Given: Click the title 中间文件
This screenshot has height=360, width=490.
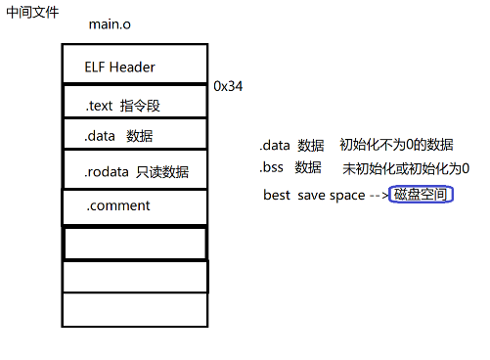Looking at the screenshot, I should tap(32, 14).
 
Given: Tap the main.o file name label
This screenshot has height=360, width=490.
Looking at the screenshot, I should tap(109, 23).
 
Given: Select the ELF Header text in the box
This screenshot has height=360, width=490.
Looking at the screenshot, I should tap(120, 67).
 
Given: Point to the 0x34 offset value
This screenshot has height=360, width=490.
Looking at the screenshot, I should tap(228, 86).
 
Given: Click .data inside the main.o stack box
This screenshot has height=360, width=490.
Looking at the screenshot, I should tap(102, 136).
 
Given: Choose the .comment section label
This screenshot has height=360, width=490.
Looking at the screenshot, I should tap(117, 205).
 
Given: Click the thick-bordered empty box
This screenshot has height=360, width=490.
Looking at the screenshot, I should tap(135, 243).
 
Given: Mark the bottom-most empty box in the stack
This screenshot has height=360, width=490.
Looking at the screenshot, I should tap(135, 309).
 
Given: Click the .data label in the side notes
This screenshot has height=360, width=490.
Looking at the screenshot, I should tap(275, 145).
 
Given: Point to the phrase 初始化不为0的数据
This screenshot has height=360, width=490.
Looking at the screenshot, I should tap(396, 145).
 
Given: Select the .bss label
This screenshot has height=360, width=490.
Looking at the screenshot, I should tap(273, 167).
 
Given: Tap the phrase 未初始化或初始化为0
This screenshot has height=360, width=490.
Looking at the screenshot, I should tap(405, 168).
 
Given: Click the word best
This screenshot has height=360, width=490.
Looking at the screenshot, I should tap(277, 195).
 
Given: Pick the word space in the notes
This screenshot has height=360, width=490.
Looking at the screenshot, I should tap(347, 195).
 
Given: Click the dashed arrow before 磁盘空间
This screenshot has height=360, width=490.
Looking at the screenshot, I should tap(378, 195).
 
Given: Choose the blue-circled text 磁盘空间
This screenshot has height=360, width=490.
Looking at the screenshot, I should tap(420, 195).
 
